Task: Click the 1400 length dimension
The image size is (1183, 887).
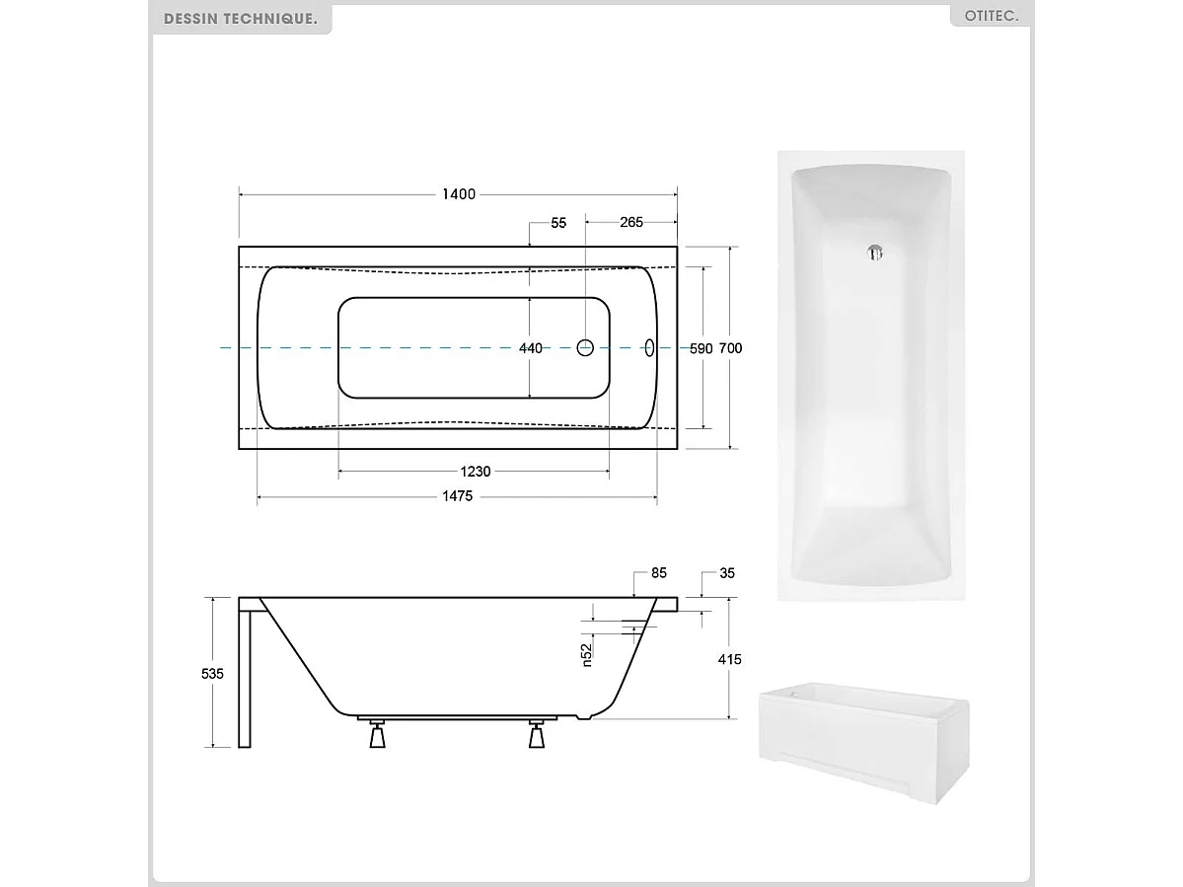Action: [459, 194]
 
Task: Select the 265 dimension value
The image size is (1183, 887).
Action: [631, 223]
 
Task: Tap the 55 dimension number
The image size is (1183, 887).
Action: [558, 223]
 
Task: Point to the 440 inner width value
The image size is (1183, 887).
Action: [531, 348]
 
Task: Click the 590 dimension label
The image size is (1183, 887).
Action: [701, 348]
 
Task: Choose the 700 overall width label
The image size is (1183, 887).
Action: [730, 348]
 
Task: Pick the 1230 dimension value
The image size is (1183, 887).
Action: [473, 472]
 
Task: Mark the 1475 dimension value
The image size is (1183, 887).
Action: [457, 496]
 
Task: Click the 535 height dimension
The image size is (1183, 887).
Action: [212, 673]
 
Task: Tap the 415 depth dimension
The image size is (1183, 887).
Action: [729, 659]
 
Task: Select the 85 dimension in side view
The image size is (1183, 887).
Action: [659, 572]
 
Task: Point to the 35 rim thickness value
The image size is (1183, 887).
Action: [728, 572]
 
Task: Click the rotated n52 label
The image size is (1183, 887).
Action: [585, 654]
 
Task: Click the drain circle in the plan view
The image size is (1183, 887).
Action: [584, 347]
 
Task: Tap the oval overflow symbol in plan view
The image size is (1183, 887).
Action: [649, 347]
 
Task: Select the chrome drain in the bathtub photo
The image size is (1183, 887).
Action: [872, 255]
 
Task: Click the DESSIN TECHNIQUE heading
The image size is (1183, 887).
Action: [241, 19]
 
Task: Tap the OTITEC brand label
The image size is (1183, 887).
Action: [992, 17]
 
